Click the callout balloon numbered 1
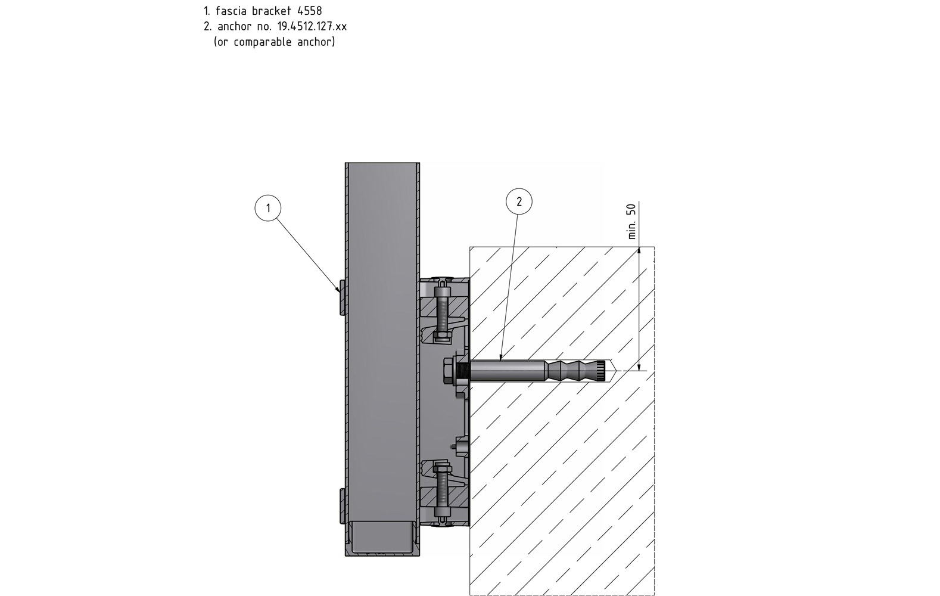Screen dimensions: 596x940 click(268, 208)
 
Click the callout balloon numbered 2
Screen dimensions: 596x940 click(518, 201)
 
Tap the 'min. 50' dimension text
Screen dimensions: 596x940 click(632, 221)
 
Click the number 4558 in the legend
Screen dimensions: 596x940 click(309, 11)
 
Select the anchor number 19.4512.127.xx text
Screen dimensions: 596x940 click(312, 26)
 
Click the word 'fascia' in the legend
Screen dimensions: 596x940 click(232, 11)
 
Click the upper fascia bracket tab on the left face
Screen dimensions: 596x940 click(342, 296)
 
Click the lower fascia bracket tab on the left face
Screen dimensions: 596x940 click(342, 505)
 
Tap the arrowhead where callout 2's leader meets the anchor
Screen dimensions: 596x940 click(502, 358)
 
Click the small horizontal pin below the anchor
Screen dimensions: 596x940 click(457, 445)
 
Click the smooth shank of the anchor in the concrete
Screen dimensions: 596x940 click(506, 371)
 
